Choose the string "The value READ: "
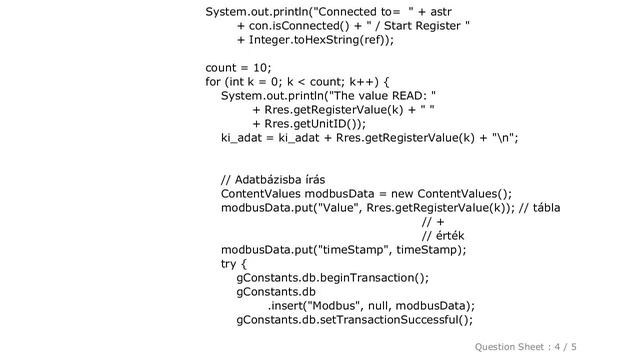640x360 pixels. click(380, 96)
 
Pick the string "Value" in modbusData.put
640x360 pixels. click(338, 208)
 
